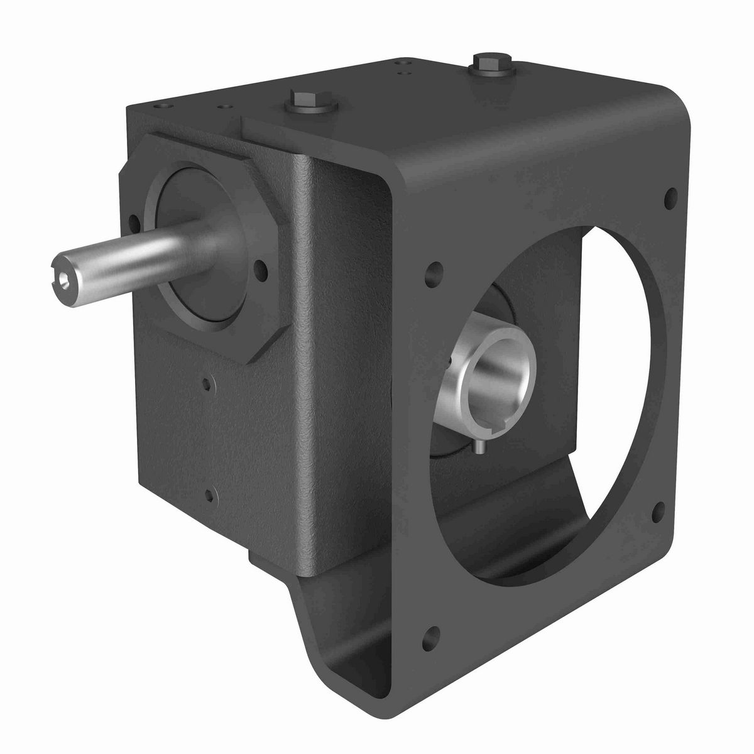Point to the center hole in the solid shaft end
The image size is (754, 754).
click(62, 276)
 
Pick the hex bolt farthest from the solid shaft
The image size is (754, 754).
click(484, 63)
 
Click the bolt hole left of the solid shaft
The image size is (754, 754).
click(133, 221)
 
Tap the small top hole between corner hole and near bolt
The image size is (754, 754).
click(221, 106)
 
